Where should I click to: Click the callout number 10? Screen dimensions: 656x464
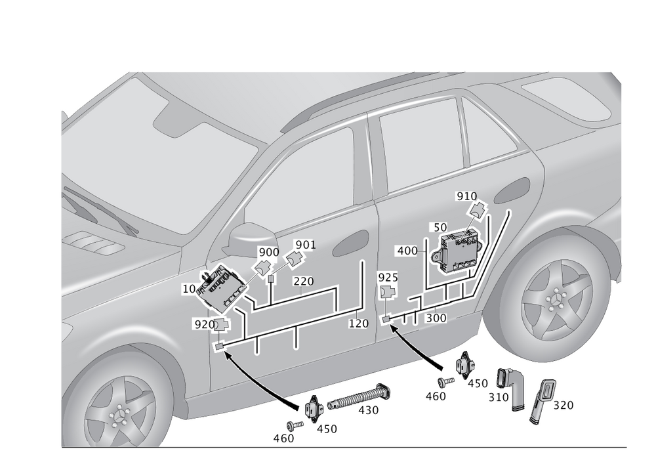click(189, 288)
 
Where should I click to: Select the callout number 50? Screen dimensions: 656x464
click(440, 228)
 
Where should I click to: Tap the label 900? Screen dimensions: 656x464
click(268, 252)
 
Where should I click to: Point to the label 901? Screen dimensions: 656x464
click(306, 244)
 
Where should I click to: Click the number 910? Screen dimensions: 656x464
click(466, 196)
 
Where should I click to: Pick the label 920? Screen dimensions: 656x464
click(205, 324)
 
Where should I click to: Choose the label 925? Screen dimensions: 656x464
click(388, 278)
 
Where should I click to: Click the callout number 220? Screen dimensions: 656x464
click(303, 281)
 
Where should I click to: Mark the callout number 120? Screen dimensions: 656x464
click(359, 324)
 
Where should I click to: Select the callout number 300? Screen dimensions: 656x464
click(436, 318)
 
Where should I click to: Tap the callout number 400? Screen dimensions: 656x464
click(407, 251)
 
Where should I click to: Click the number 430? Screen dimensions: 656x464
click(368, 410)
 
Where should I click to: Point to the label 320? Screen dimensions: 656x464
click(563, 405)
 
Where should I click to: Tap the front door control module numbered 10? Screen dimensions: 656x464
click(221, 289)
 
